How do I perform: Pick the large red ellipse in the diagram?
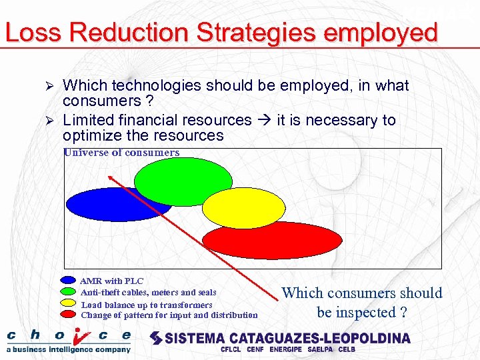[271, 240]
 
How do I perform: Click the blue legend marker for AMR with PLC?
[69, 281]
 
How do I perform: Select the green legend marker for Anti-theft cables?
[69, 292]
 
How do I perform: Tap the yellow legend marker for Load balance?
[69, 303]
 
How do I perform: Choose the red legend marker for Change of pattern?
[69, 314]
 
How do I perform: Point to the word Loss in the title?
[31, 32]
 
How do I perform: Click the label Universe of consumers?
[121, 153]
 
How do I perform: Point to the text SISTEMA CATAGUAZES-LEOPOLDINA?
[287, 338]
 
